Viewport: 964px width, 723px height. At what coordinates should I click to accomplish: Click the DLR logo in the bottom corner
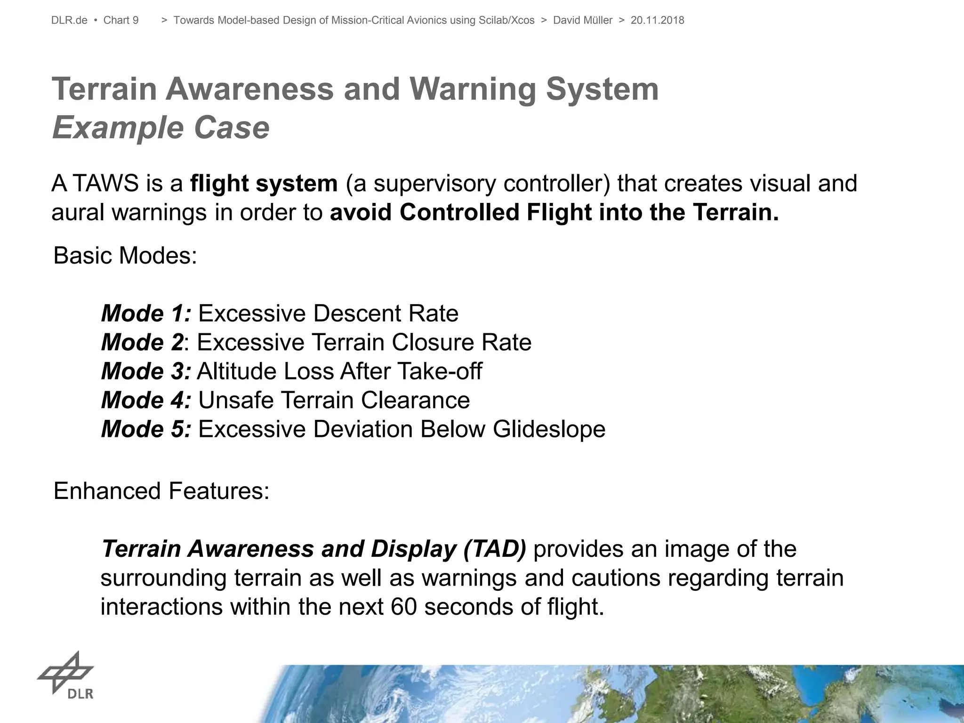tap(66, 675)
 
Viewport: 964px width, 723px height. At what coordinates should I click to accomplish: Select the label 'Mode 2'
tap(142, 342)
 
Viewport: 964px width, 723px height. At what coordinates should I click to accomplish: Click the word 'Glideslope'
tap(549, 429)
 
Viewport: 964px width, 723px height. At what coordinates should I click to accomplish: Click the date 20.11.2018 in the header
tap(657, 20)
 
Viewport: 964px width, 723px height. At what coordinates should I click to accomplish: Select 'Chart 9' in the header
tap(121, 20)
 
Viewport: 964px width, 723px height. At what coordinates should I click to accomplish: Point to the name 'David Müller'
tap(583, 20)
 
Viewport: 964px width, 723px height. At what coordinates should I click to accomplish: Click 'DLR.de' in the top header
tap(69, 20)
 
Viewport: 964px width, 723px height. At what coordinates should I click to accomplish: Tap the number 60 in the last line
tap(404, 607)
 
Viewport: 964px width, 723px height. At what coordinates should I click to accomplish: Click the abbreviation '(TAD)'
tap(495, 549)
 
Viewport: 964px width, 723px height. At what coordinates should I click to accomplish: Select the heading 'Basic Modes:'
tap(125, 256)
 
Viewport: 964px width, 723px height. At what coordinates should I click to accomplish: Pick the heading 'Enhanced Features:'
tap(161, 491)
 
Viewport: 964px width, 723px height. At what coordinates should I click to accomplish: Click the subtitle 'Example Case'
tap(161, 128)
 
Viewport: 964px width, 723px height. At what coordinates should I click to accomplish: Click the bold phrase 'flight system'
tap(264, 183)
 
